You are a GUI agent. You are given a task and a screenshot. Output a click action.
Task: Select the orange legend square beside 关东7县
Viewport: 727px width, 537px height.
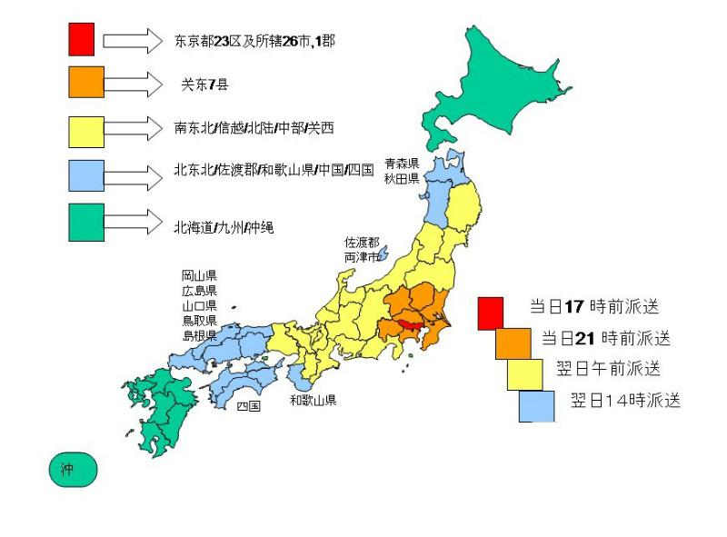click(x=86, y=82)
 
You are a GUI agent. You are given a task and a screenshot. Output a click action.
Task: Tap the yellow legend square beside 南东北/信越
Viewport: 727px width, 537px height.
click(x=86, y=130)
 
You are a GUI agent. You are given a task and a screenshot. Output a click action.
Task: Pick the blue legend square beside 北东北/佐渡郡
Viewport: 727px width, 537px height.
click(x=86, y=174)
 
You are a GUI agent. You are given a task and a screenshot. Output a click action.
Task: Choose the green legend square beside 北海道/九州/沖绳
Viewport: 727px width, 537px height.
click(x=86, y=223)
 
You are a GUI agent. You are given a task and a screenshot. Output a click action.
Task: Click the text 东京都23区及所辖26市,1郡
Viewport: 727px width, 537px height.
click(x=254, y=41)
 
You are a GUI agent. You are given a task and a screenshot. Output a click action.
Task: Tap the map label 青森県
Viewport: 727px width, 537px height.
click(x=401, y=164)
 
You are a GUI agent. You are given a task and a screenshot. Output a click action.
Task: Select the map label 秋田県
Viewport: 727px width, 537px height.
click(x=401, y=179)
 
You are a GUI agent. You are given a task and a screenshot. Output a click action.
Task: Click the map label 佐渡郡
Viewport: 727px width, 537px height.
click(x=362, y=243)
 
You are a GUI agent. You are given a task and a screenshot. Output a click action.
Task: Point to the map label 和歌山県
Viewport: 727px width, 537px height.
click(x=314, y=400)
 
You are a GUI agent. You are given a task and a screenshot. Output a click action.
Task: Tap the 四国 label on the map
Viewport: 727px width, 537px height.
click(x=248, y=407)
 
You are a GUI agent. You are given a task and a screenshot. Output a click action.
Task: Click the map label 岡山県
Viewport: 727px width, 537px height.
click(x=199, y=275)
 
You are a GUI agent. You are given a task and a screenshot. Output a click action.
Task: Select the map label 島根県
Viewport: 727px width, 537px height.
click(x=199, y=335)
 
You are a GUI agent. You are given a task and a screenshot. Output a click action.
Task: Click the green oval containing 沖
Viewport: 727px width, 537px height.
click(x=72, y=470)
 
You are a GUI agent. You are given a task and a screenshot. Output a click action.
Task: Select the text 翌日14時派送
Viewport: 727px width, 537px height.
click(x=625, y=401)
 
